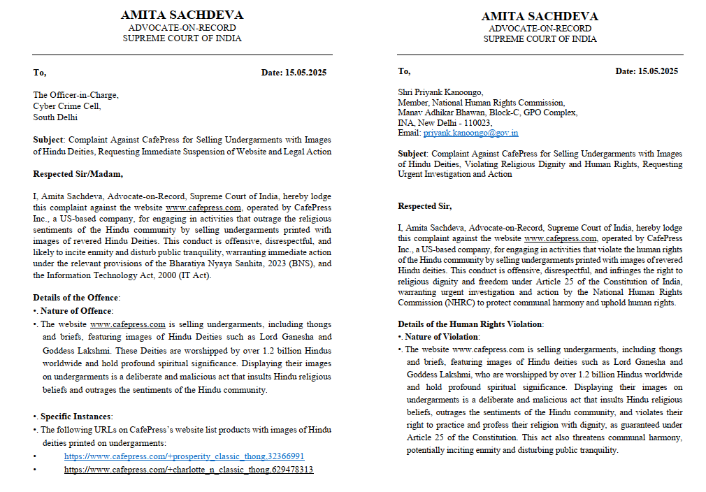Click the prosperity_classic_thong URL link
pyautogui.click(x=184, y=456)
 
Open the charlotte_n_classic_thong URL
pyautogui.click(x=189, y=470)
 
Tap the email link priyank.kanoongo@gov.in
pyautogui.click(x=470, y=133)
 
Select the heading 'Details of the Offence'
pyautogui.click(x=76, y=298)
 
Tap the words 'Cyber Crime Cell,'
pyautogui.click(x=67, y=106)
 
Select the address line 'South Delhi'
pyautogui.click(x=55, y=117)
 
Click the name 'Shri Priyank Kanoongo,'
pyautogui.click(x=440, y=91)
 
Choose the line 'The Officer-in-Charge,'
pyautogui.click(x=75, y=96)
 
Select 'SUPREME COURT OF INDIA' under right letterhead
pyautogui.click(x=540, y=39)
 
